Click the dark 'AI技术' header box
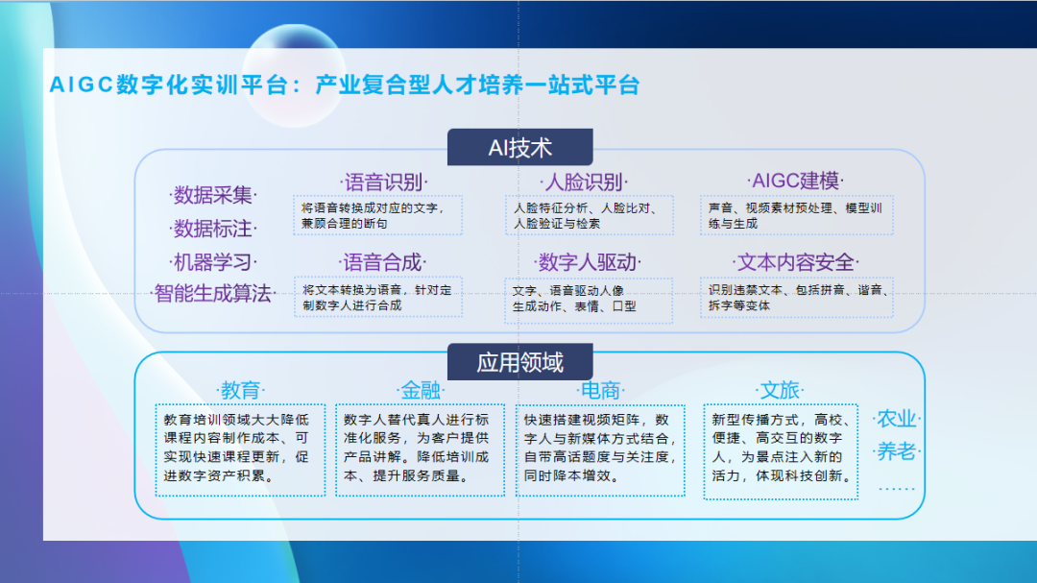[x=519, y=148]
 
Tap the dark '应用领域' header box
[x=519, y=362]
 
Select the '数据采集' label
[x=212, y=196]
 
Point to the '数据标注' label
[x=212, y=230]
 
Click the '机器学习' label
[x=212, y=262]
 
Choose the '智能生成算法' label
[x=212, y=294]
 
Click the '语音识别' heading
[x=383, y=182]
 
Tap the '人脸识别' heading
[x=582, y=182]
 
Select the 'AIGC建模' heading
[x=795, y=181]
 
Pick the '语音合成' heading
[x=383, y=262]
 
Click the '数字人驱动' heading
[x=589, y=262]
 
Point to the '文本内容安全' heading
[x=795, y=262]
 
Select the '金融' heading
[x=421, y=391]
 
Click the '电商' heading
[x=600, y=391]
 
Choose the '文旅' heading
[x=780, y=391]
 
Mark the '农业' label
[x=897, y=420]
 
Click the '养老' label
[x=897, y=451]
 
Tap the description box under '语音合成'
[x=377, y=298]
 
